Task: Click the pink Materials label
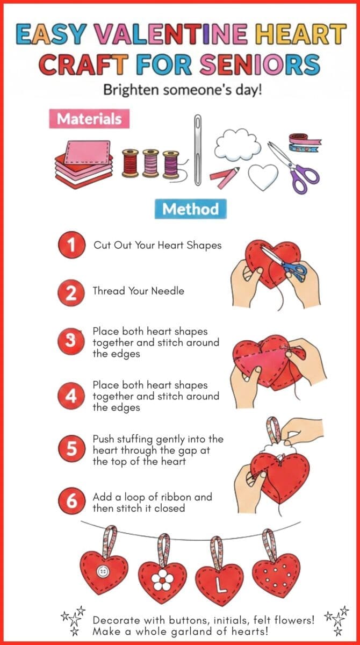pos(89,119)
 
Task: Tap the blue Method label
pos(191,209)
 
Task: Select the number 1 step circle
pos(71,245)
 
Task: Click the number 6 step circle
pos(71,501)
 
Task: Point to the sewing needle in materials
pos(197,150)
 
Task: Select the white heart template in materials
pos(263,177)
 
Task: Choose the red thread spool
pos(130,163)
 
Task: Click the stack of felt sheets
pos(84,164)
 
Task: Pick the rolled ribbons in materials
pos(305,142)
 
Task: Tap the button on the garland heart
pos(103,571)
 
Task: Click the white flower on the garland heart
pos(163,579)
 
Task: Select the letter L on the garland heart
pos(220,585)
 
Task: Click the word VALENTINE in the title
pos(170,34)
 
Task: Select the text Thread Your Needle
pos(139,291)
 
